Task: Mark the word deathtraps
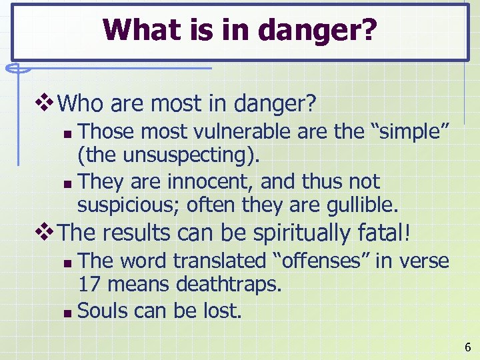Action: [228, 285]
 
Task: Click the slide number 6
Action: [467, 347]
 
